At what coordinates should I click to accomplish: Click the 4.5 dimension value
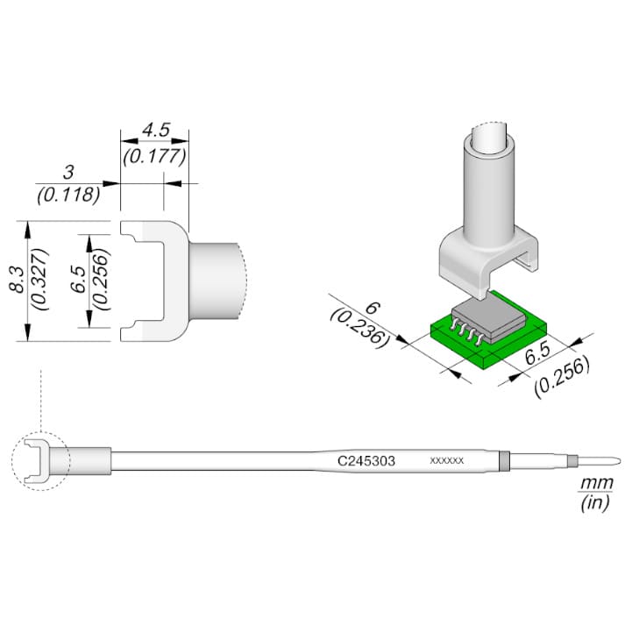156,130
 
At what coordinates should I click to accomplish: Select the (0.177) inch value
154,157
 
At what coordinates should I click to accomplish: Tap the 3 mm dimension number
68,172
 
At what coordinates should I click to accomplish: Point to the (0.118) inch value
68,195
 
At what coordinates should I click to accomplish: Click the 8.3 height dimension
18,281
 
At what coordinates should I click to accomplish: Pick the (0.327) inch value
41,280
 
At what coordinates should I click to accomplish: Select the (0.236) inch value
359,329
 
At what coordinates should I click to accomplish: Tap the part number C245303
366,461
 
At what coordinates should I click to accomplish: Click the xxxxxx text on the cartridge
446,461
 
